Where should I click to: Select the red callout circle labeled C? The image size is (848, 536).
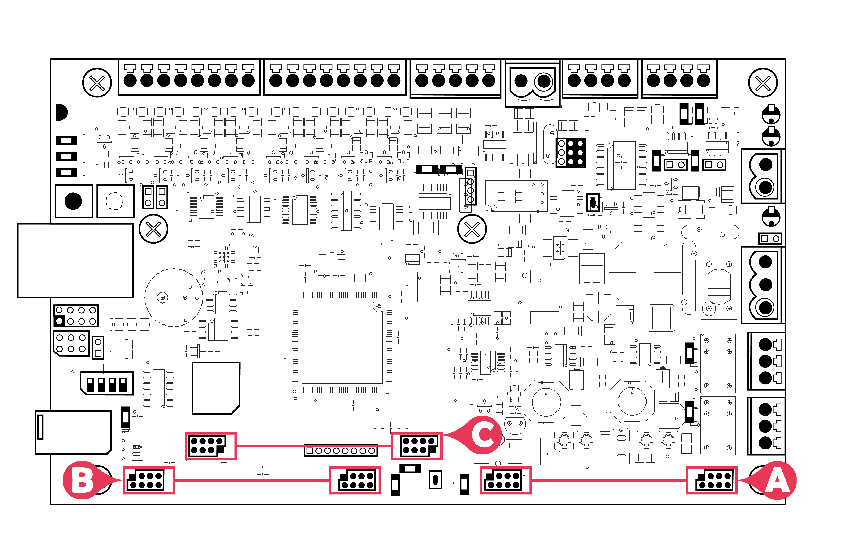(x=483, y=435)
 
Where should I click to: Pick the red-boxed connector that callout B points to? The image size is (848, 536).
(x=149, y=480)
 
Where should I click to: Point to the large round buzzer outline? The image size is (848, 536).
(x=174, y=298)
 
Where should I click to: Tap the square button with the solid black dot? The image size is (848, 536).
(x=74, y=201)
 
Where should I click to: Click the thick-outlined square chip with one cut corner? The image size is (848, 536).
(x=216, y=388)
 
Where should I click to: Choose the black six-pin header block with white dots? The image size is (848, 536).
(x=571, y=153)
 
